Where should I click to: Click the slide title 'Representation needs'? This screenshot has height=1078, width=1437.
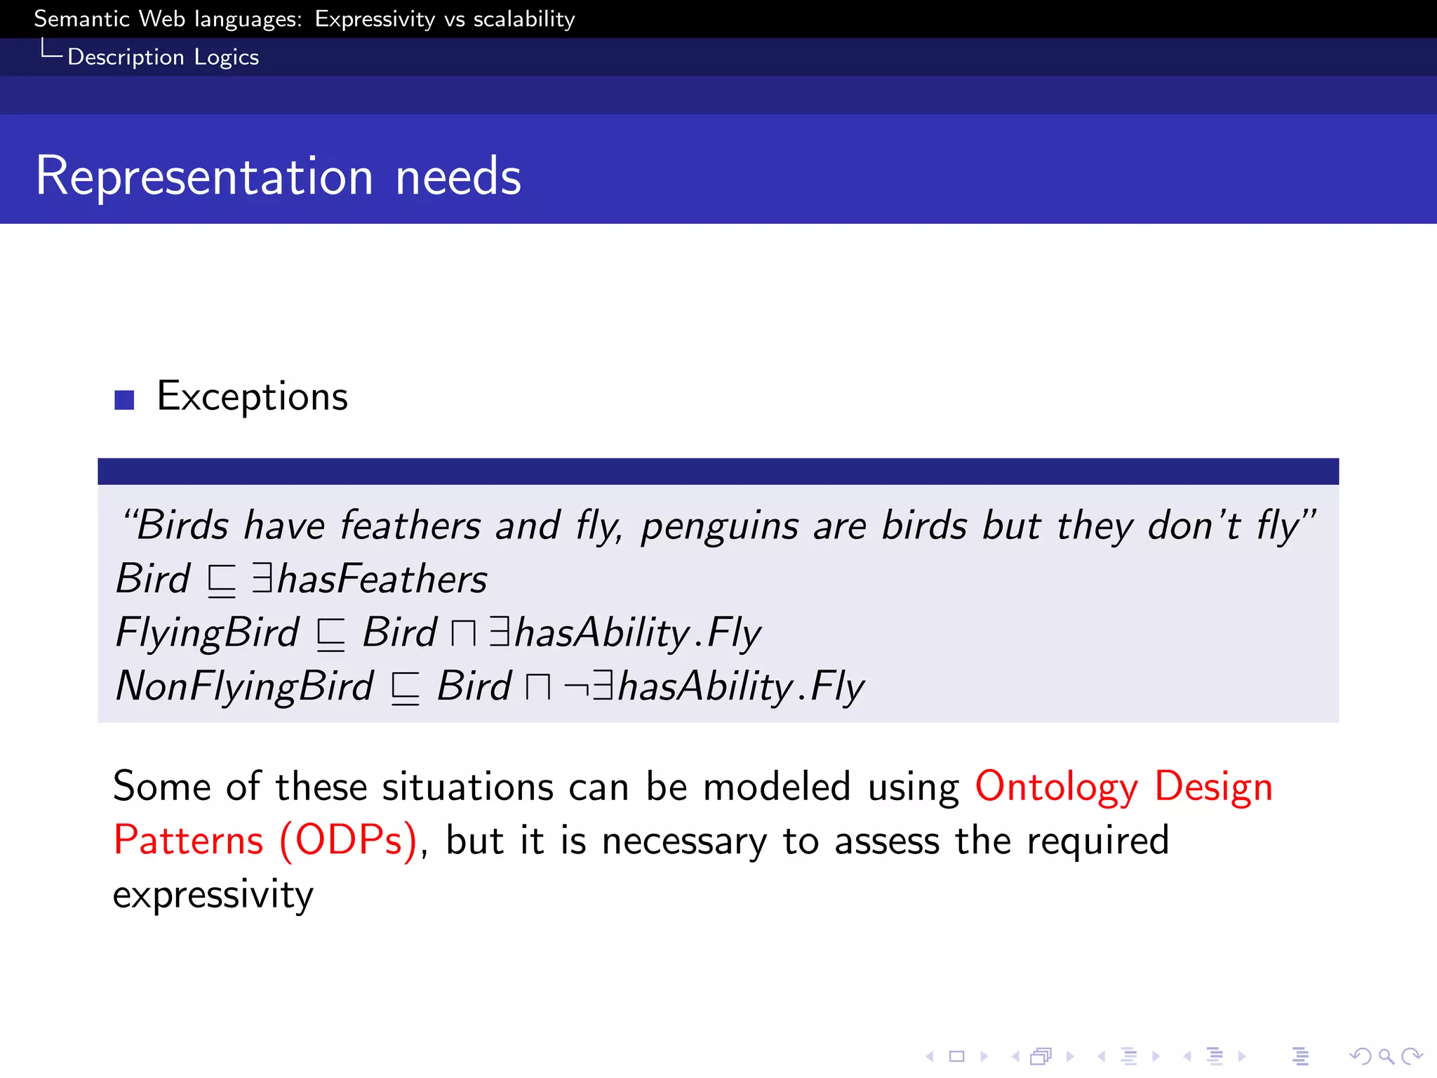(x=278, y=176)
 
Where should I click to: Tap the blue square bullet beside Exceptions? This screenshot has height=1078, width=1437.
(x=124, y=399)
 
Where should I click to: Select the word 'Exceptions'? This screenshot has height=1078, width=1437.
(x=252, y=397)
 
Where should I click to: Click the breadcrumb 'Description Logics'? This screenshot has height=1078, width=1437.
(x=163, y=57)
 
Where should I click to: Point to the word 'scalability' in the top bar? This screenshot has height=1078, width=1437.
(x=523, y=19)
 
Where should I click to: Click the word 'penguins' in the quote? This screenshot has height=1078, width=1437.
(x=719, y=526)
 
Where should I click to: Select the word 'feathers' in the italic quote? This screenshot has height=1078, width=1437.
(x=410, y=525)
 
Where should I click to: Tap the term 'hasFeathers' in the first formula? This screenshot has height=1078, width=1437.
(x=382, y=579)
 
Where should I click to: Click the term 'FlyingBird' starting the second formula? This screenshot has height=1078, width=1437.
(x=208, y=633)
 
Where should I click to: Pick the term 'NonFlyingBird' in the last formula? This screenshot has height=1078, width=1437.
(x=244, y=686)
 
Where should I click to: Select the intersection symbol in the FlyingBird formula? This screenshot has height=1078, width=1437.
(x=463, y=634)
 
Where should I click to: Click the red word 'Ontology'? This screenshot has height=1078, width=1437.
(x=1056, y=787)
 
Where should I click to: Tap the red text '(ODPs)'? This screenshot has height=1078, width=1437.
(x=348, y=840)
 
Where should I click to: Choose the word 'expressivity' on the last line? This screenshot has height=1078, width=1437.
(x=213, y=895)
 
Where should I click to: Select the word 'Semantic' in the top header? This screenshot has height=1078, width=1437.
(x=81, y=19)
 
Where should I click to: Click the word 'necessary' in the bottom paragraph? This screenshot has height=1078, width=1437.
(x=684, y=841)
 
